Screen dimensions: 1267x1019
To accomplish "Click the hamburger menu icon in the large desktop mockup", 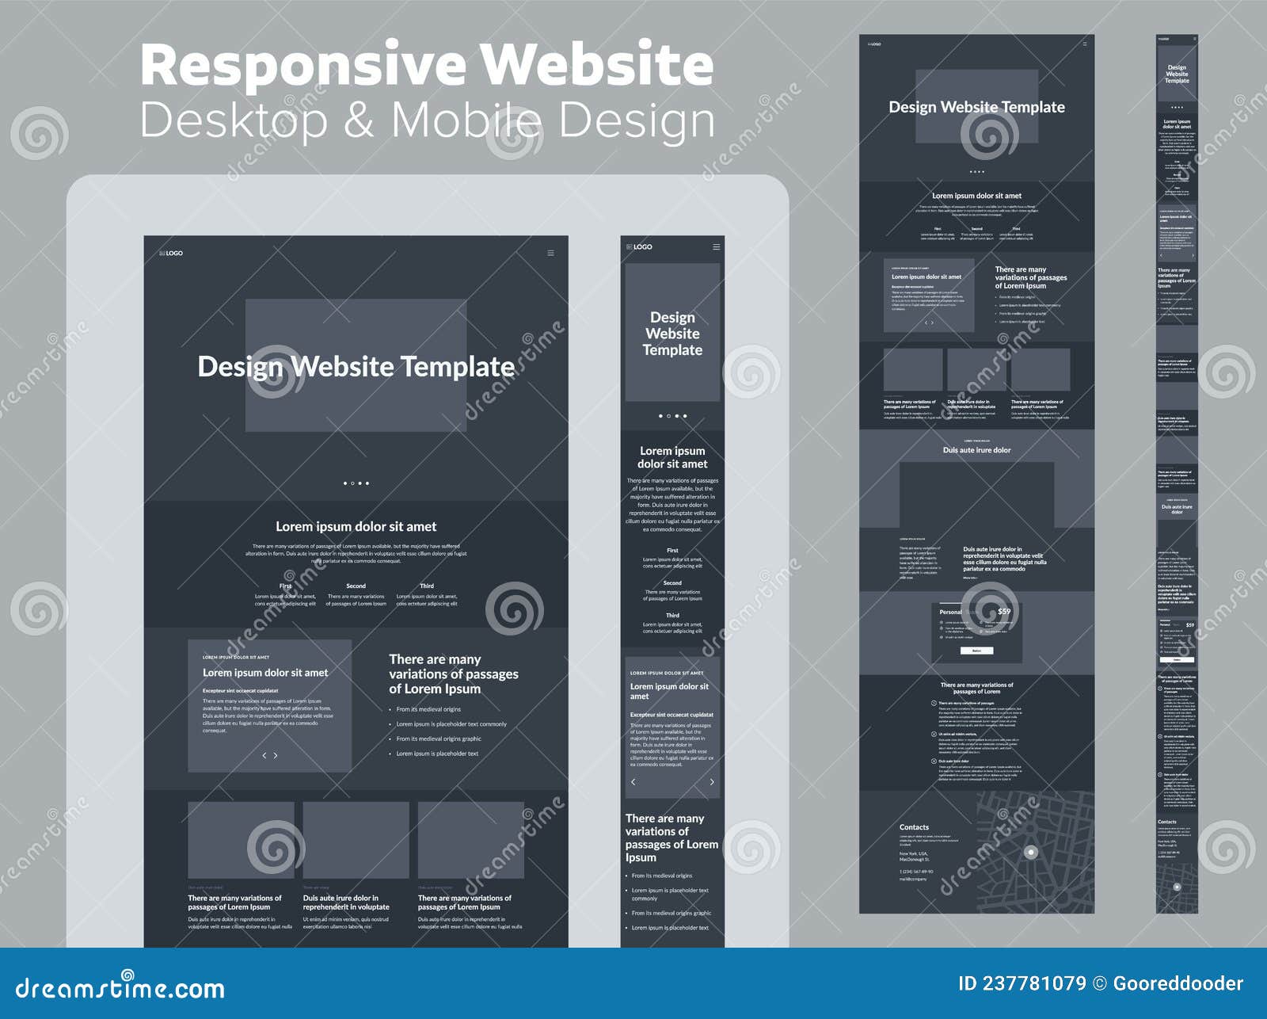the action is (x=550, y=253).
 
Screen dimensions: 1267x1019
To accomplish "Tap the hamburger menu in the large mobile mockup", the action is (x=716, y=246).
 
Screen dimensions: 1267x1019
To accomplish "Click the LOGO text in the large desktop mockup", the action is (x=172, y=253).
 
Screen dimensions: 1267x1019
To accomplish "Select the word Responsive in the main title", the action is (x=302, y=65).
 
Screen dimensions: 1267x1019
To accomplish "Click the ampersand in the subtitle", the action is (x=358, y=120).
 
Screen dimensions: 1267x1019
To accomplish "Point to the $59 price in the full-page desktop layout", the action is (x=1004, y=612).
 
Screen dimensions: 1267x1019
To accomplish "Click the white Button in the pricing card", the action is (x=976, y=651).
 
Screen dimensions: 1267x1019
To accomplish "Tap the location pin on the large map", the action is (x=1031, y=853).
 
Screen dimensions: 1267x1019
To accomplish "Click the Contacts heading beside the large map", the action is (x=914, y=827).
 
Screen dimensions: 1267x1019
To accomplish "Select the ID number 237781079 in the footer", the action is (x=1033, y=983).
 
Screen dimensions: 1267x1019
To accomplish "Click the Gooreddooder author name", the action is (x=1178, y=983).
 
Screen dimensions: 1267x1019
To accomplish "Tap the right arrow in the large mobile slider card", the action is (x=712, y=782).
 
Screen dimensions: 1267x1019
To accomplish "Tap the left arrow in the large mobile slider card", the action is (x=633, y=782).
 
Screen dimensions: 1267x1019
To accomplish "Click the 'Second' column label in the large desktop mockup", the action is (x=356, y=586).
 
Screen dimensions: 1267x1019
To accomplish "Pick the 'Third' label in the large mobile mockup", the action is (x=672, y=615).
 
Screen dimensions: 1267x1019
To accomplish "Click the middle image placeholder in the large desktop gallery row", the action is (x=356, y=840).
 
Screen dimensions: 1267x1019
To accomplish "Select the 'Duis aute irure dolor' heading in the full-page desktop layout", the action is (x=976, y=450).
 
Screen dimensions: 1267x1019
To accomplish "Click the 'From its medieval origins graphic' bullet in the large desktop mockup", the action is (x=439, y=738).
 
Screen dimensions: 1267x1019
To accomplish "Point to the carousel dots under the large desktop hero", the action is (x=356, y=483).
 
